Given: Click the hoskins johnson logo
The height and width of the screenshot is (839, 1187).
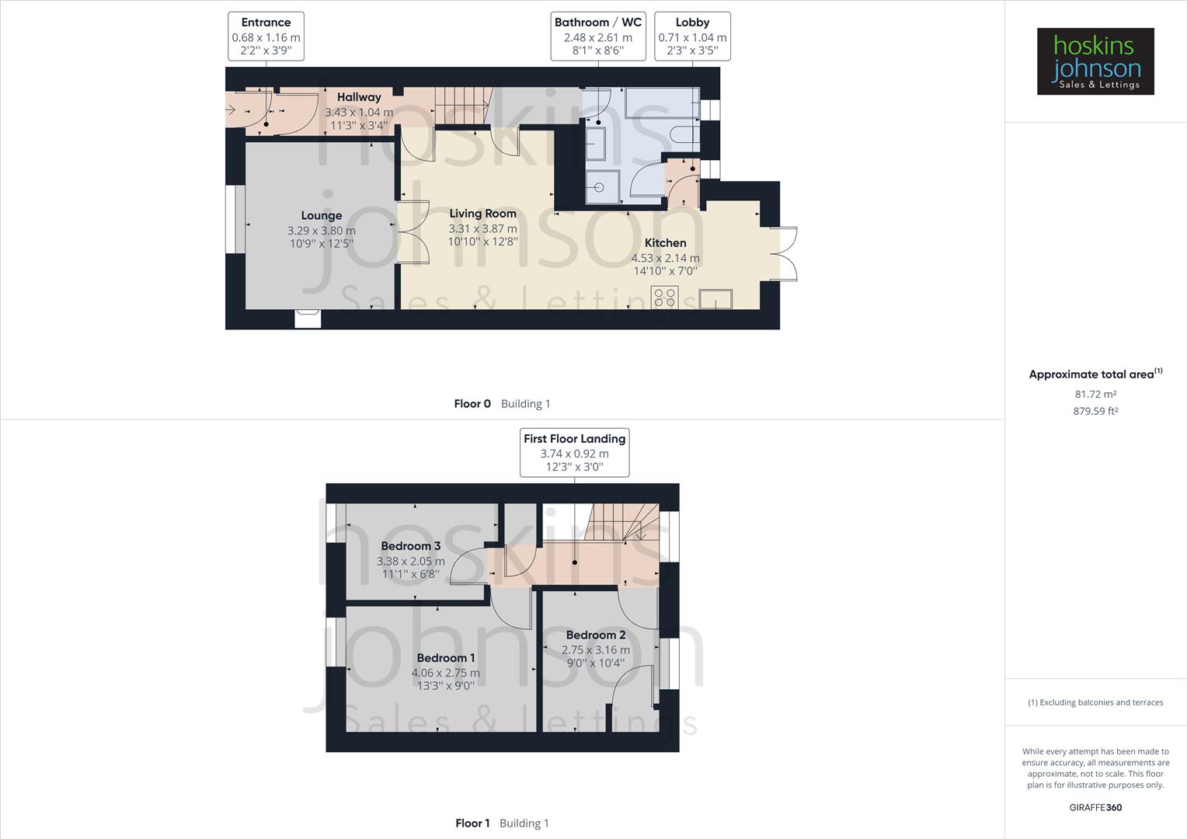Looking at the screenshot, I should (x=1095, y=61).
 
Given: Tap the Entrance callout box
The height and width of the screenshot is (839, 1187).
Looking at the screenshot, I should (x=266, y=37).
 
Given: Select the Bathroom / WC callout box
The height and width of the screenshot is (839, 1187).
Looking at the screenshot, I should (x=597, y=37).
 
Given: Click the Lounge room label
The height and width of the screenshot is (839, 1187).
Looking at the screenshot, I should (x=322, y=216).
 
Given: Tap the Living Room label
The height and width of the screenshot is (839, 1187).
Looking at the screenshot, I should (x=482, y=214).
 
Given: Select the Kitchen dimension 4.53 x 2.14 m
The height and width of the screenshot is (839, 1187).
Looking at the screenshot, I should (x=665, y=258).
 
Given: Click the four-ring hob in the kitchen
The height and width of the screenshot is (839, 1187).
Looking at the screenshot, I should (x=665, y=297).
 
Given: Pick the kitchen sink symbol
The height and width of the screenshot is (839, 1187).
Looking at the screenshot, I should (x=715, y=298).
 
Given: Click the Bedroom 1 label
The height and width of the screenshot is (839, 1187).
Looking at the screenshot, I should (x=446, y=658).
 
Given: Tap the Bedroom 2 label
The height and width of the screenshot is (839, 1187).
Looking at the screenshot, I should (x=596, y=635).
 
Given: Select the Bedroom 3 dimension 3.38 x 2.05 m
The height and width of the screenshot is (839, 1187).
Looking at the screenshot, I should (x=411, y=561).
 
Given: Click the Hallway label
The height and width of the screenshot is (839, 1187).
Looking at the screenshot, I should (x=359, y=97).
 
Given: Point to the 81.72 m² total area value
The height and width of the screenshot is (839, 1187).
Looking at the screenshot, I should (x=1095, y=394).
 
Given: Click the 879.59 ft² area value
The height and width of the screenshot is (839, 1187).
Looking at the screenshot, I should (x=1095, y=411).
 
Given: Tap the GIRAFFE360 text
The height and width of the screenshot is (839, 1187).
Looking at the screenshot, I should (x=1095, y=807).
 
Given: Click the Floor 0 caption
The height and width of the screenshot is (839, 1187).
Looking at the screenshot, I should (x=472, y=403).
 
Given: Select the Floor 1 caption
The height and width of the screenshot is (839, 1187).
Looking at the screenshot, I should (x=472, y=823).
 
